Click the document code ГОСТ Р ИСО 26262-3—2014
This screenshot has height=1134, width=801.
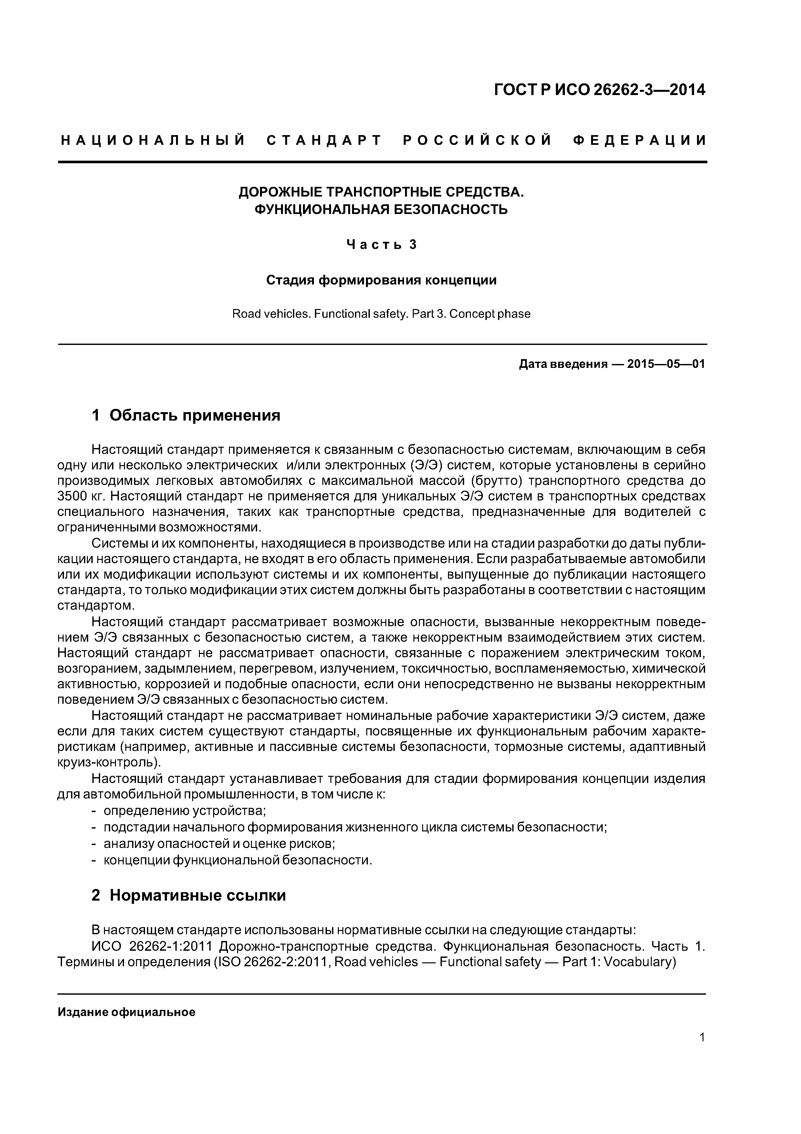pyautogui.click(x=600, y=90)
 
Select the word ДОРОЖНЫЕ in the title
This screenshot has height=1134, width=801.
pyautogui.click(x=277, y=192)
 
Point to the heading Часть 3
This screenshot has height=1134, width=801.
pyautogui.click(x=381, y=244)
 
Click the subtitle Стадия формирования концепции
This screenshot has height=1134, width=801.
pyautogui.click(x=381, y=280)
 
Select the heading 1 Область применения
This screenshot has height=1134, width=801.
pyautogui.click(x=186, y=415)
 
